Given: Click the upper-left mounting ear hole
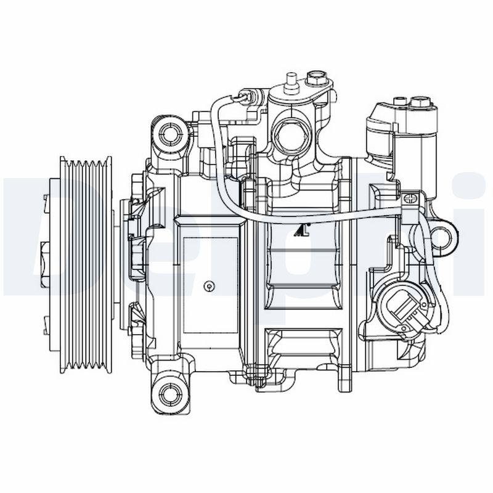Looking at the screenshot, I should [x=169, y=131].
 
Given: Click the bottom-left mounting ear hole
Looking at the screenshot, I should [x=168, y=391].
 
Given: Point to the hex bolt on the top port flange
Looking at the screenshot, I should [x=317, y=79].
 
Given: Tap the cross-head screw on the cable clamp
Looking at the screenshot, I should [x=409, y=199].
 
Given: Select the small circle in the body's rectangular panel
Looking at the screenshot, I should [x=210, y=285].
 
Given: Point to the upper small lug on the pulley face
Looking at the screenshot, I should [x=46, y=198].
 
